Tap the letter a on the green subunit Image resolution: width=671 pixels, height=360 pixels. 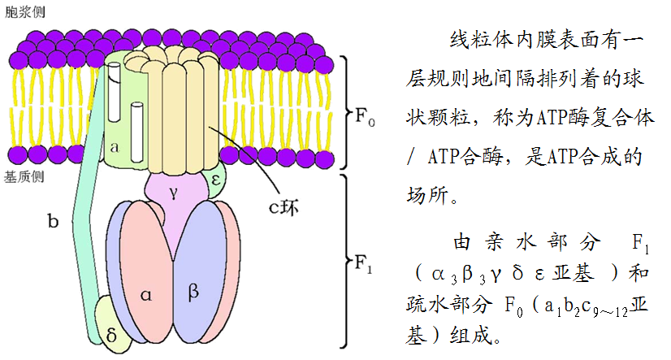pos(115,147)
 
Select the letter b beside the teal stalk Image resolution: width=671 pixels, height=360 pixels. pos(54,220)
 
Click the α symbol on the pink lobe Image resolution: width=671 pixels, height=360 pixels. pos(146,294)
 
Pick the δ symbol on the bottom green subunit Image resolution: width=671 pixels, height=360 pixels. pos(111,332)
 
